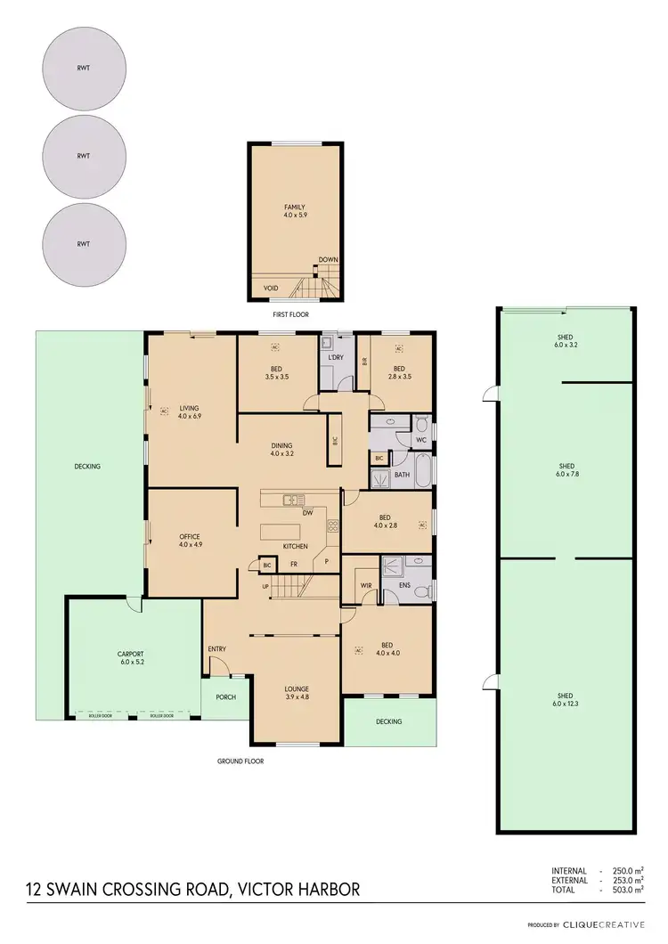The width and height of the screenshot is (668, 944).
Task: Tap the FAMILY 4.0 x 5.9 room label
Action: pos(295,211)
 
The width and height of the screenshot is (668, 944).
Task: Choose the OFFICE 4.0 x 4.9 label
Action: pos(190,540)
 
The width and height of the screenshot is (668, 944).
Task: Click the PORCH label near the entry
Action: pos(226,696)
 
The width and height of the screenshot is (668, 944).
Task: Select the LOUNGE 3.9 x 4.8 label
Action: pos(296,692)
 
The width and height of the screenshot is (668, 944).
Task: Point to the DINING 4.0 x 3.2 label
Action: pos(282,450)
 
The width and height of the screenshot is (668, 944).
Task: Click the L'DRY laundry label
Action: pos(336,357)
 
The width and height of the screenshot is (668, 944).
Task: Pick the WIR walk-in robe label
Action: pos(365,585)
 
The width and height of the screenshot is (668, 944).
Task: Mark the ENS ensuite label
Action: pos(404,585)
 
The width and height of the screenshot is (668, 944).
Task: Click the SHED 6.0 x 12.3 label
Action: pos(566,700)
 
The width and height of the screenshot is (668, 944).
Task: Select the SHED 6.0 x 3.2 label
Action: pos(566,341)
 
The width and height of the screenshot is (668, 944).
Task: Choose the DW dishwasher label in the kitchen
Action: pos(306,513)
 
